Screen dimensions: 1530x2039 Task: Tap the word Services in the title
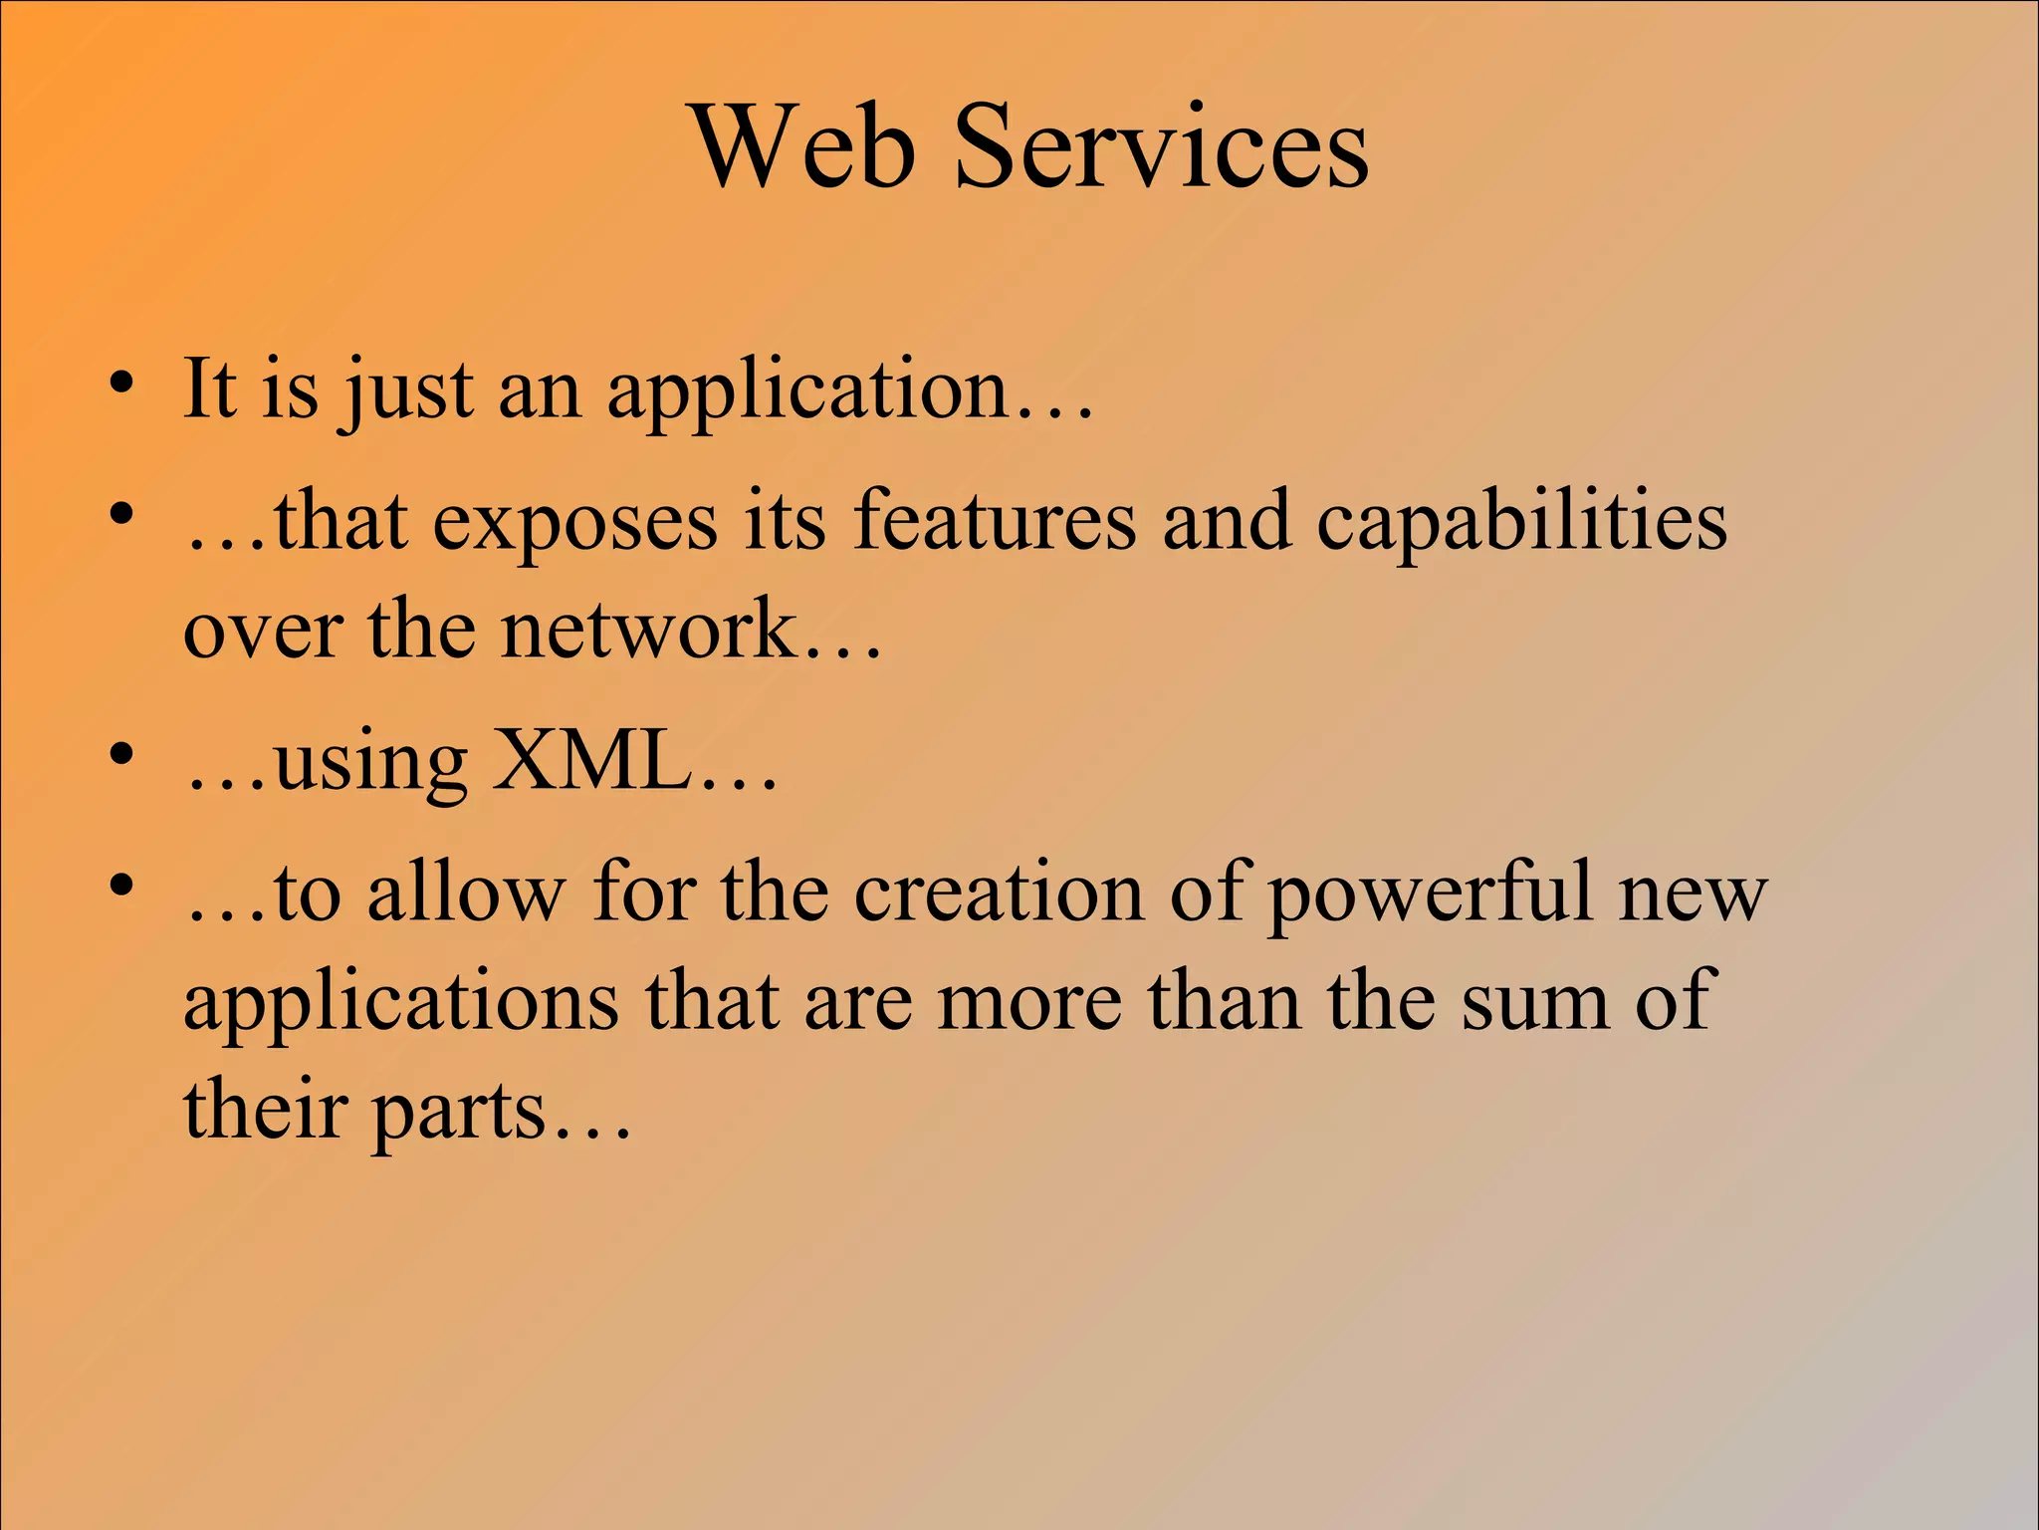(1161, 146)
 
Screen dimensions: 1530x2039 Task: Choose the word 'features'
(994, 520)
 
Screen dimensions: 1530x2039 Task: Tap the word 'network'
(648, 630)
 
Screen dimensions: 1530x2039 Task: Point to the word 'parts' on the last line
(460, 1113)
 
